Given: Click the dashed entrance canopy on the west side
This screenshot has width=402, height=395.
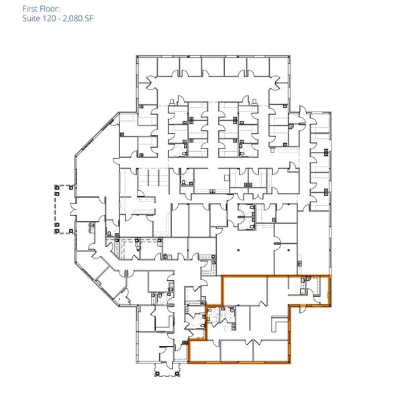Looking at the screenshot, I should (x=62, y=209).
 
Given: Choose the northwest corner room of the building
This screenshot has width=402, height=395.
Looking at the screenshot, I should (x=146, y=67).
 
